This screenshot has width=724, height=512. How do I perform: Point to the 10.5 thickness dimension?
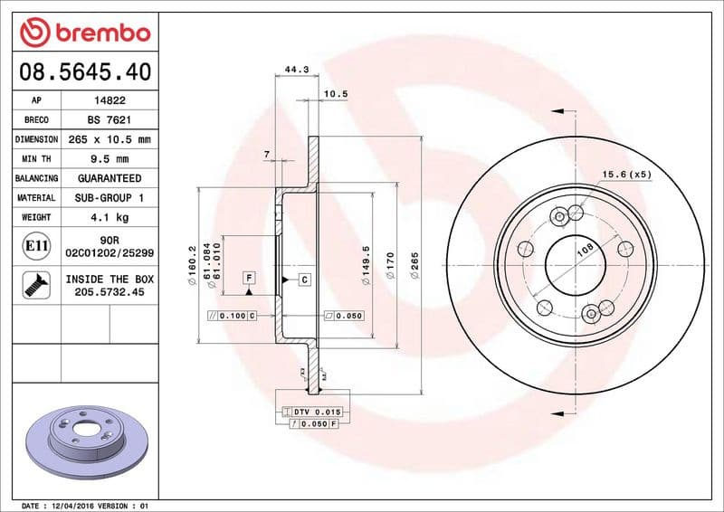click(x=336, y=93)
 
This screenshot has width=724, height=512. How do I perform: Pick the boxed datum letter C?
click(x=305, y=280)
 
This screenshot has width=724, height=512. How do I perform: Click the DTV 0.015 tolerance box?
click(x=313, y=412)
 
